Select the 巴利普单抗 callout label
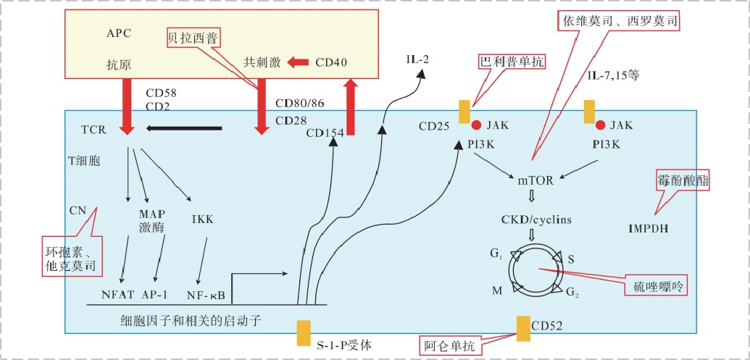pyautogui.click(x=512, y=62)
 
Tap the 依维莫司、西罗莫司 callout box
pyautogui.click(x=620, y=21)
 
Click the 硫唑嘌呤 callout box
pyautogui.click(x=656, y=286)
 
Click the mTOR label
pyautogui.click(x=536, y=180)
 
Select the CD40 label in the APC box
pyautogui.click(x=331, y=62)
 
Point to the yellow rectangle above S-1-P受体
pyautogui.click(x=304, y=333)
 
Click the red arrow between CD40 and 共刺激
pyautogui.click(x=298, y=62)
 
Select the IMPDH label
pyautogui.click(x=648, y=230)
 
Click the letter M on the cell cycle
pyautogui.click(x=496, y=290)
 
